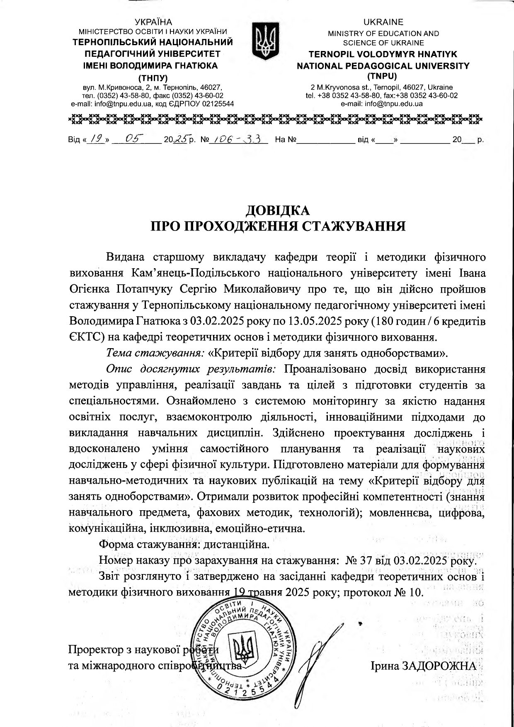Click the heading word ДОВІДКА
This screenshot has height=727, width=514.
[278, 211]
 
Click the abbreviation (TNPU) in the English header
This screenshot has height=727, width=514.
[383, 76]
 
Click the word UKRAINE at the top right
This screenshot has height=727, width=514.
[383, 22]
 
